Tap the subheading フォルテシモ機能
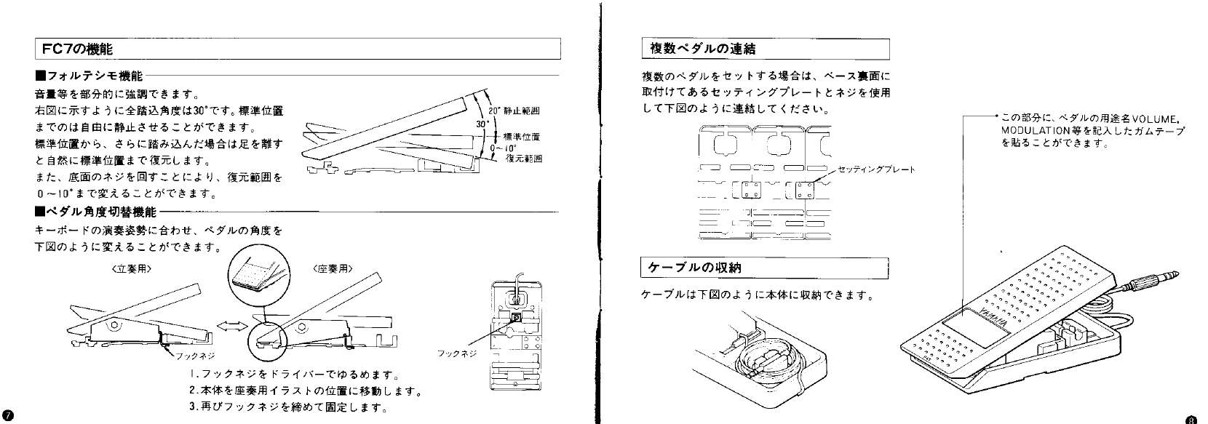[91, 76]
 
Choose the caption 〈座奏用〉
[333, 268]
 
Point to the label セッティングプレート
[876, 169]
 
